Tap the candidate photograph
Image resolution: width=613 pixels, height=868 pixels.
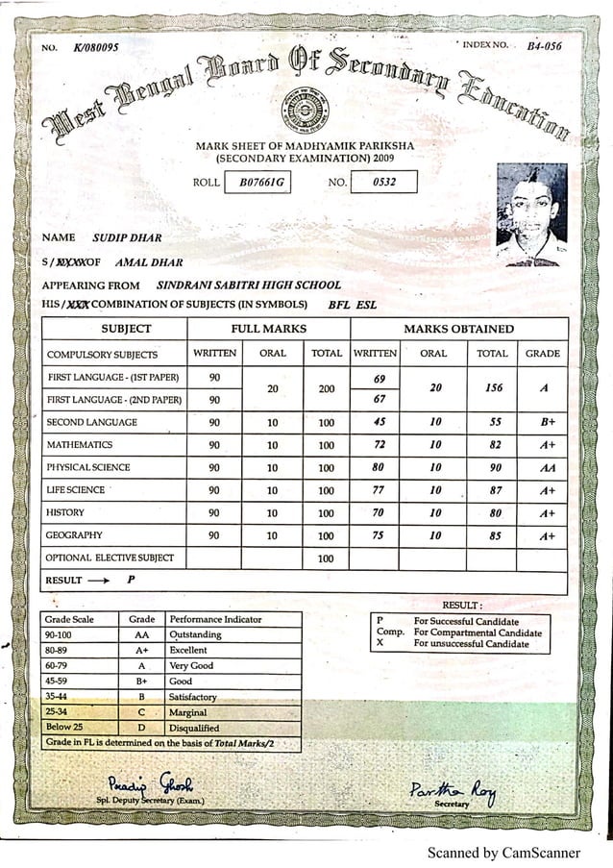pos(531,214)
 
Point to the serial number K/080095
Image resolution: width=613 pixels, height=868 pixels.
pos(95,48)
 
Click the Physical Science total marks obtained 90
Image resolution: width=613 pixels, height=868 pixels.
pos(494,468)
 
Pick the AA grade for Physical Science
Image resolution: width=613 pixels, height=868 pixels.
pos(547,468)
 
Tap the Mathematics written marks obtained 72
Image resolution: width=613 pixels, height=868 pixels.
pos(379,445)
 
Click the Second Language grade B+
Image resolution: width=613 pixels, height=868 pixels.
pos(547,422)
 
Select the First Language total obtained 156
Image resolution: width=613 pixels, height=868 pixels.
pos(494,388)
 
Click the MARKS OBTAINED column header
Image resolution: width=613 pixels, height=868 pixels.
pos(458,329)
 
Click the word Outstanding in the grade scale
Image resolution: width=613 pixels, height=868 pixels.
pos(195,635)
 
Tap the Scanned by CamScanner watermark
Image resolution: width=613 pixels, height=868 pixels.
pos(503,853)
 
